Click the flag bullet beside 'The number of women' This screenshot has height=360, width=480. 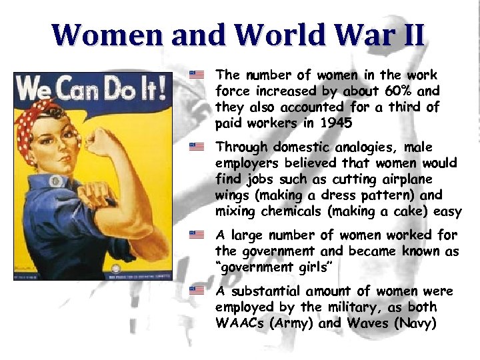(x=196, y=75)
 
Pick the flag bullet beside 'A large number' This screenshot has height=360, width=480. (x=196, y=235)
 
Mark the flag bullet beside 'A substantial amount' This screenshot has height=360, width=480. (x=196, y=291)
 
